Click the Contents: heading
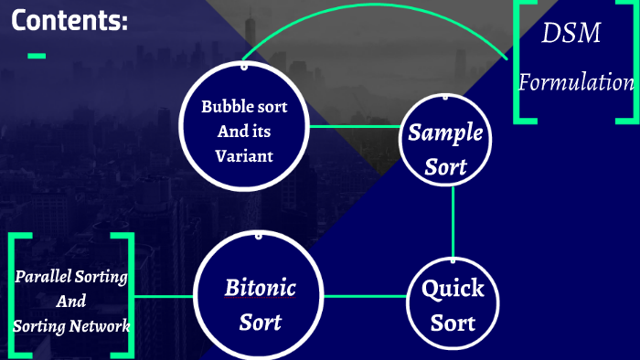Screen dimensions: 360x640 [69, 21]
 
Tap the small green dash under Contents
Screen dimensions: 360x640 [37, 57]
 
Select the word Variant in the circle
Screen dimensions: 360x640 [244, 155]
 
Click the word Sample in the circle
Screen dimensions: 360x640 [445, 133]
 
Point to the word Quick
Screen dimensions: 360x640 [453, 290]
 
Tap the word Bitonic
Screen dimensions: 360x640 [261, 288]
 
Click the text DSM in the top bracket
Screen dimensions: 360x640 [571, 35]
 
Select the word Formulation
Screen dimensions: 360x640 [576, 82]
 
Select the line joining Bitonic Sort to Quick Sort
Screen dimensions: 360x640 [366, 296]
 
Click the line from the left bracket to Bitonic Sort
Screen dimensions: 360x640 [165, 297]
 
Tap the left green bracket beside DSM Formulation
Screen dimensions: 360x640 [519, 64]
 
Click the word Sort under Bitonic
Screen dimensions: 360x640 [261, 323]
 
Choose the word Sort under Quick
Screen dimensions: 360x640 [453, 323]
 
